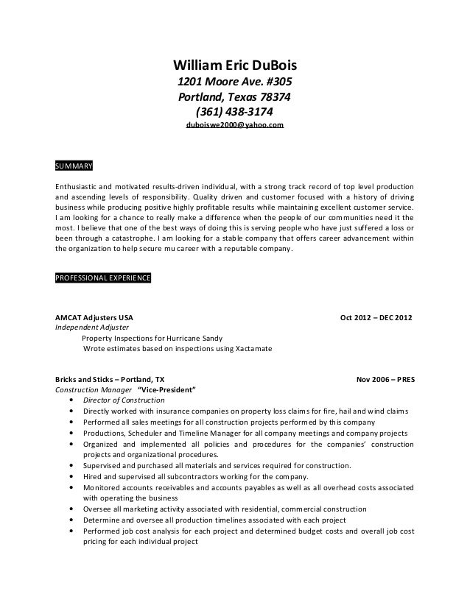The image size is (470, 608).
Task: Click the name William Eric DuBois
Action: click(234, 64)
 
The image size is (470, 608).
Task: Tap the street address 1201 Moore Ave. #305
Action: click(234, 81)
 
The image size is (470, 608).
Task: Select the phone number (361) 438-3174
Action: click(234, 112)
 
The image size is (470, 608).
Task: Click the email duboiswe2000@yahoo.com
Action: click(234, 126)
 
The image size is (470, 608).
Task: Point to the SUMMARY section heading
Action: click(74, 166)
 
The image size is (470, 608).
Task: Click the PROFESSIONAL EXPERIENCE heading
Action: click(104, 278)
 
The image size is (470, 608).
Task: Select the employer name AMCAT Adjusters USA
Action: click(94, 318)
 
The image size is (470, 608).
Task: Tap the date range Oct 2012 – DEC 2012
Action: click(376, 318)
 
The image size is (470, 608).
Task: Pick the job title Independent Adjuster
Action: click(93, 328)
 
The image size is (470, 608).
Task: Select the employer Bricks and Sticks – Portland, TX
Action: click(111, 380)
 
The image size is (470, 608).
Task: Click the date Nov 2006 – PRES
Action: click(385, 380)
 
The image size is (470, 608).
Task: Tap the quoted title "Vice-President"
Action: click(167, 390)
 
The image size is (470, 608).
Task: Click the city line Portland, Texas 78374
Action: click(234, 96)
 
